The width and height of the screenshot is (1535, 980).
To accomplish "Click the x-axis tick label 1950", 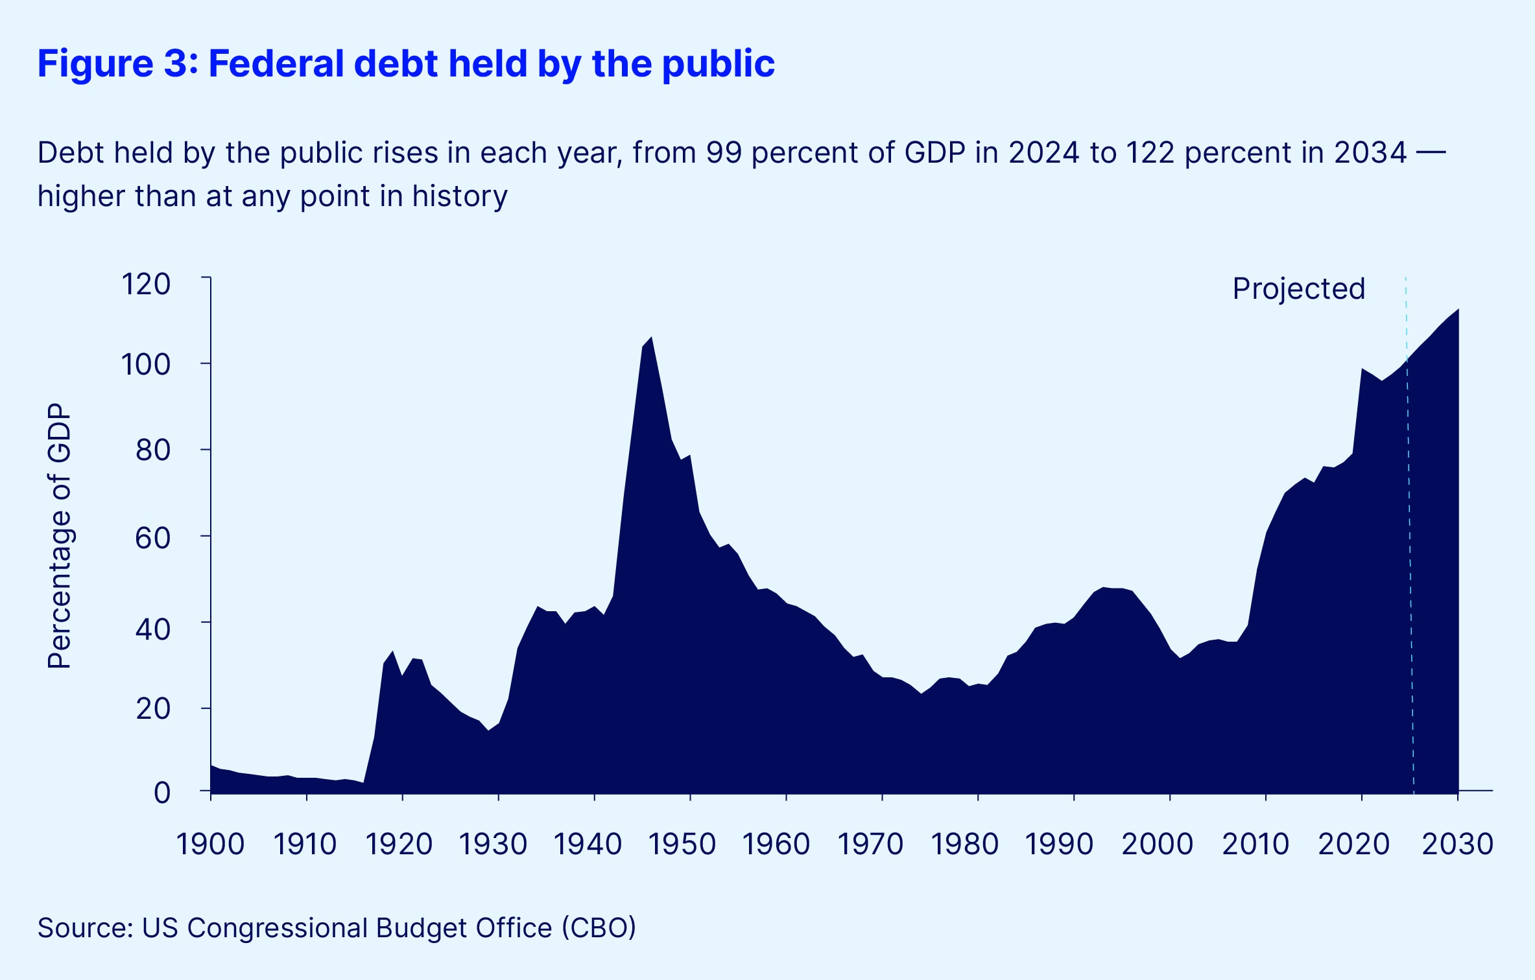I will coord(682,844).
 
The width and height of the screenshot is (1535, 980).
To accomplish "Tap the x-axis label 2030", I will coord(1457,844).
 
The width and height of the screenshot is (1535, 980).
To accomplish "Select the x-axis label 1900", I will coord(210,844).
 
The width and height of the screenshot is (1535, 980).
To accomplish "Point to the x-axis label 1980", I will coord(965,844).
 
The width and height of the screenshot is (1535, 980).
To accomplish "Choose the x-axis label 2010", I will coord(1255,844).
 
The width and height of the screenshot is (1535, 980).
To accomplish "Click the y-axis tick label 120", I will coord(146,285).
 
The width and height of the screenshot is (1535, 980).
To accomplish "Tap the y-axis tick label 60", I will coord(153,538).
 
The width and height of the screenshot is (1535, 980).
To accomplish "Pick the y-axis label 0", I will coord(162,793).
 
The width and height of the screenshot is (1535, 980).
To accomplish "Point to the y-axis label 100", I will coord(146,365).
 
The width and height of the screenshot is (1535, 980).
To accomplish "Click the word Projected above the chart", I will coord(1298,288).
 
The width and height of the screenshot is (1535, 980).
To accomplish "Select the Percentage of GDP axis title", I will coord(59,535).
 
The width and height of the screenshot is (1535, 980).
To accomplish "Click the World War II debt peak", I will coord(651,338).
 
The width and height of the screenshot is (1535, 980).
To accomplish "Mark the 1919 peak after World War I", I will coord(392,652).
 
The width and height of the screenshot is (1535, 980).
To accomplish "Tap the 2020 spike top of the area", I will coord(1362,369).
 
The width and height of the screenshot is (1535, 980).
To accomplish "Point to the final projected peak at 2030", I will coord(1458,310).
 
